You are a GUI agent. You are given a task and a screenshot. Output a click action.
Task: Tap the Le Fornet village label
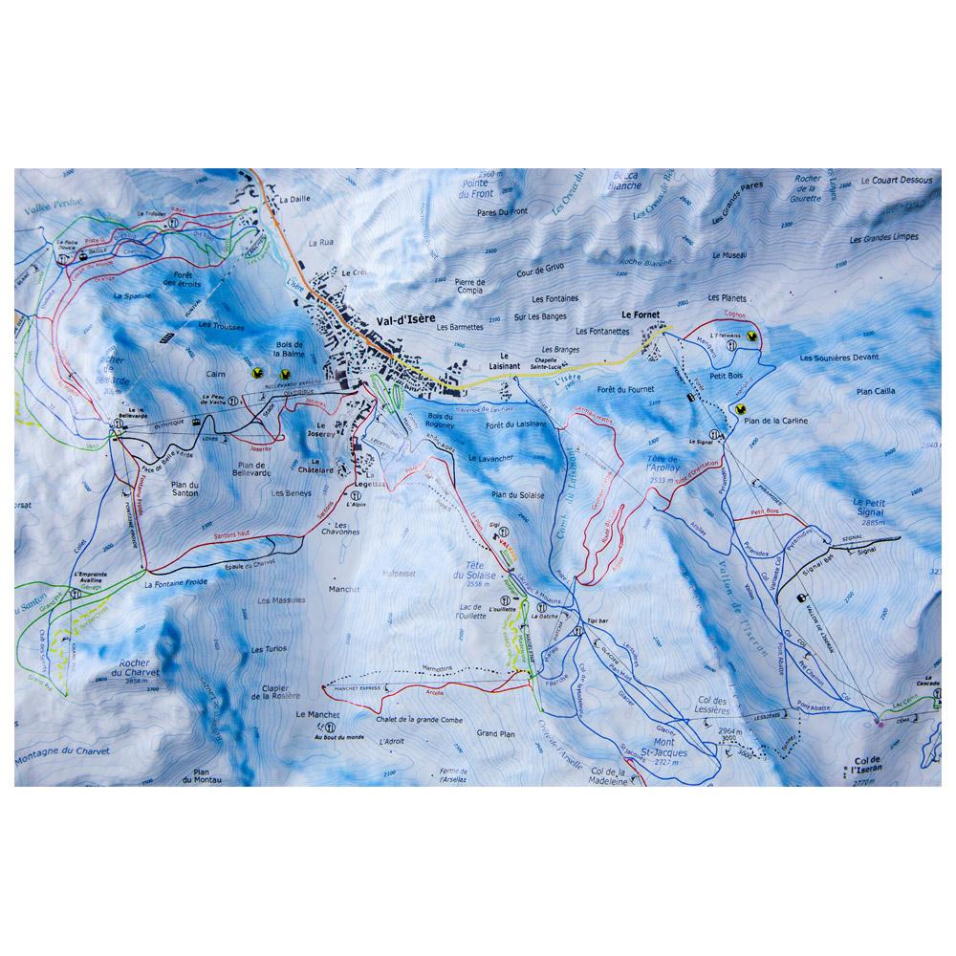[x=641, y=314]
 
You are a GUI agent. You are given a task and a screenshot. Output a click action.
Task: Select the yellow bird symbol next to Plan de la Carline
[x=739, y=408]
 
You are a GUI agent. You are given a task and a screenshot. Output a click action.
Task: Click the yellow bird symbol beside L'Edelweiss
[x=753, y=336]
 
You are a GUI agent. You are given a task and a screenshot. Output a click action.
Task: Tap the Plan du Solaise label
[x=516, y=494]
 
